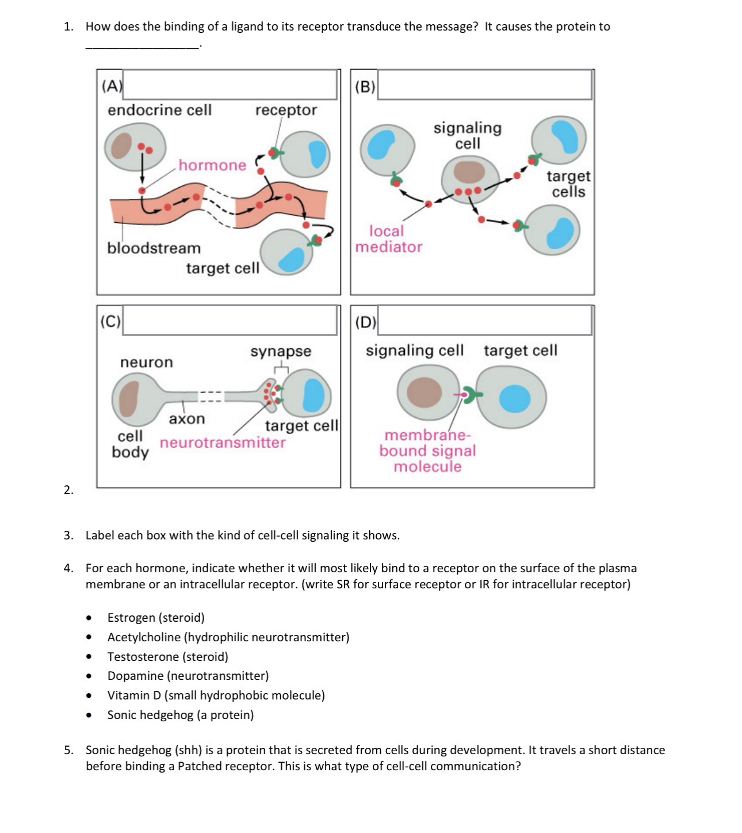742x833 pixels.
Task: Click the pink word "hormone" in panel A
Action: (212, 165)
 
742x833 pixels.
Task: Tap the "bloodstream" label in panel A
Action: (154, 248)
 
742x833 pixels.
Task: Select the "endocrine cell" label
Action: (159, 110)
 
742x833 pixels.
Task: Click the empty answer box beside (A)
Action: (230, 85)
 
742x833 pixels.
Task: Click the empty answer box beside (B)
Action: (484, 85)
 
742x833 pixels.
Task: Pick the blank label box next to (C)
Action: (230, 320)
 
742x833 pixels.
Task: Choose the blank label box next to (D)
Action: (484, 320)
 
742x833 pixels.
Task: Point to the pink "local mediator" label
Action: (388, 239)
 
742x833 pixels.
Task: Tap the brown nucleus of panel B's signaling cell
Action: (469, 172)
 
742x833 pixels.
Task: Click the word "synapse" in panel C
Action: (281, 351)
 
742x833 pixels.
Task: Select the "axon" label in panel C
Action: (186, 419)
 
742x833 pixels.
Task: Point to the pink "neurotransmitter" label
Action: (223, 443)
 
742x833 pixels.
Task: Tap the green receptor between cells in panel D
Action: (473, 395)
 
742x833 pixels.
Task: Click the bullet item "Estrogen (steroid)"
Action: (156, 618)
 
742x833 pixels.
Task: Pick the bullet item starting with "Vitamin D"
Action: (216, 695)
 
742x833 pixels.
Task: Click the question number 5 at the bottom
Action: (68, 750)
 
